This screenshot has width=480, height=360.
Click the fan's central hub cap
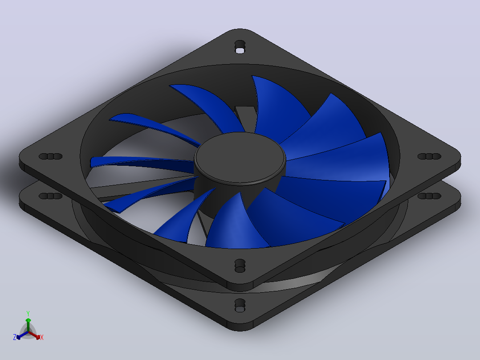tap(240, 157)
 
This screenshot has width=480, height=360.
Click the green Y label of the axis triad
tap(28, 314)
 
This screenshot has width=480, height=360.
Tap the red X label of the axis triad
tap(42, 337)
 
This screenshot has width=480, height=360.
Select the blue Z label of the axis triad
tap(15, 337)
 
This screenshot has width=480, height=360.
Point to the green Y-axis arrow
tap(28, 325)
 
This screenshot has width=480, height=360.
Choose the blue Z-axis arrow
tap(22, 335)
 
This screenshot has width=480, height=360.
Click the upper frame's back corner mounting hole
tap(240, 47)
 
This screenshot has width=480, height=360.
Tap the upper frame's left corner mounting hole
tap(50, 156)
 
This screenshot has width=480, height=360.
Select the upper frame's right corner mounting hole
tap(429, 156)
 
